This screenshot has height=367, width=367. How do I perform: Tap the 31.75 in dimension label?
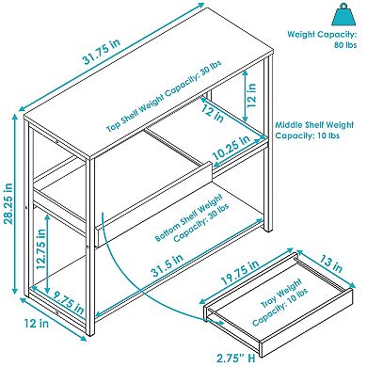pos(102,52)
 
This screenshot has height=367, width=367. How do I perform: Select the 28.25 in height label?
pos(8,203)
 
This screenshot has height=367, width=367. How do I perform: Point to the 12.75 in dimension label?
pos(40,249)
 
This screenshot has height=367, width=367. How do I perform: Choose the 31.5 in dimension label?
pos(168,265)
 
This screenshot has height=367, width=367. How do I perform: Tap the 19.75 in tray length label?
pos(240,272)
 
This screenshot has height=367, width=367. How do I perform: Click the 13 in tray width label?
pos(330,263)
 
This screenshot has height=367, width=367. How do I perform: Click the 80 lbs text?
pos(345,45)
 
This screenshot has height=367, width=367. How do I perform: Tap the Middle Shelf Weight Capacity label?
pos(314,130)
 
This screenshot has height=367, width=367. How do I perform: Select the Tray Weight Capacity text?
pos(280,303)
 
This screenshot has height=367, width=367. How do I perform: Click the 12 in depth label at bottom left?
pos(37,323)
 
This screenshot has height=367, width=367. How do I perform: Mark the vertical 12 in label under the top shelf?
pos(251,95)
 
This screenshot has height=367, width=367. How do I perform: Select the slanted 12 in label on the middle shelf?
pos(213,113)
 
